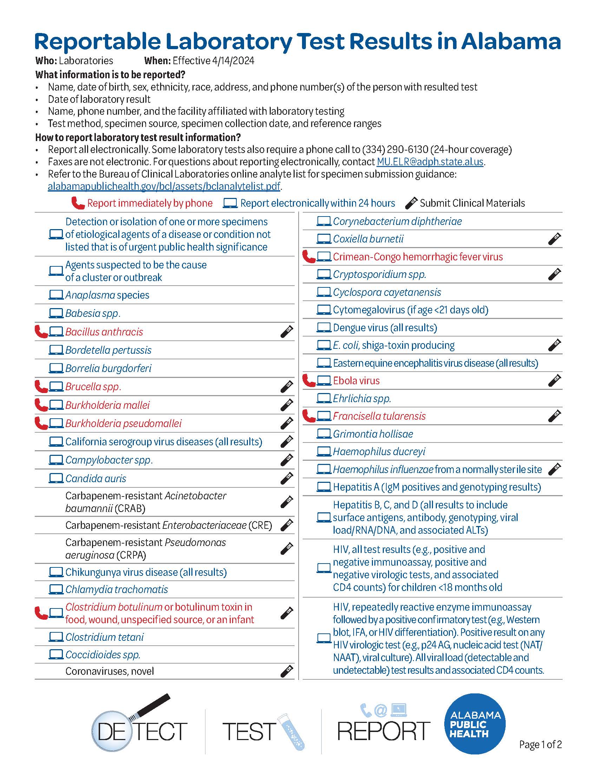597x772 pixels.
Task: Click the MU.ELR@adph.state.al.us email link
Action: pos(430,162)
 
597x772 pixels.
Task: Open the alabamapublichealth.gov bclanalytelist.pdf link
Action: pos(164,186)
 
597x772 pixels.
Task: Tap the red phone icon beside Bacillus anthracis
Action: pos(41,332)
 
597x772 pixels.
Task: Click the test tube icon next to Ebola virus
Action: pos(554,381)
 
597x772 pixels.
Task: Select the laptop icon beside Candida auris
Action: pos(55,478)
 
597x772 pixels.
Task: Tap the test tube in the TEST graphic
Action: pos(291,732)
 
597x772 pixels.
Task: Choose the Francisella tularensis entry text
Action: pos(379,416)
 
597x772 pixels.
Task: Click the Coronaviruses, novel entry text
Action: pos(110,671)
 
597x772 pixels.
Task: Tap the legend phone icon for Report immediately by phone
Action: pos(78,203)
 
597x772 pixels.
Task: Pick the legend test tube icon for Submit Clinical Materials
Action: pos(411,203)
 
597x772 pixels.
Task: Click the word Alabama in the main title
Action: pos(511,42)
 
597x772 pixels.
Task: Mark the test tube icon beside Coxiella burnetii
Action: pos(554,239)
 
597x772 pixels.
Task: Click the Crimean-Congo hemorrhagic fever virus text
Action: pos(418,257)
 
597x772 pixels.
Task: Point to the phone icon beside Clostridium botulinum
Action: pos(41,613)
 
